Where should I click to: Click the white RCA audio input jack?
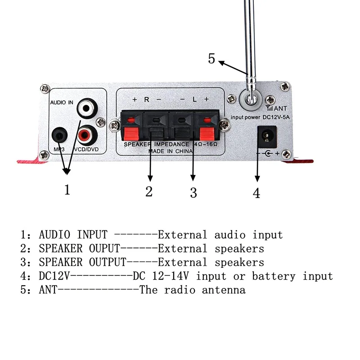tap(85, 108)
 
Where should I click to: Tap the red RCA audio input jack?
tap(85, 134)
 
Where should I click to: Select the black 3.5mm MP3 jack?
tap(58, 134)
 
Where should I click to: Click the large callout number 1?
tap(67, 190)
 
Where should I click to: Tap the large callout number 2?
tap(149, 191)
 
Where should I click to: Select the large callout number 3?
tap(193, 193)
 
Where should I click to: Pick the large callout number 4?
tap(256, 193)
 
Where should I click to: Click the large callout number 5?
tap(212, 58)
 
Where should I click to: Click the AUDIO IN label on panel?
tap(62, 103)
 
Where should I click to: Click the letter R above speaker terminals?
tap(147, 99)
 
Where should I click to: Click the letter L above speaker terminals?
tap(194, 99)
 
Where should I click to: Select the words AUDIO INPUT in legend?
tap(73, 234)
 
